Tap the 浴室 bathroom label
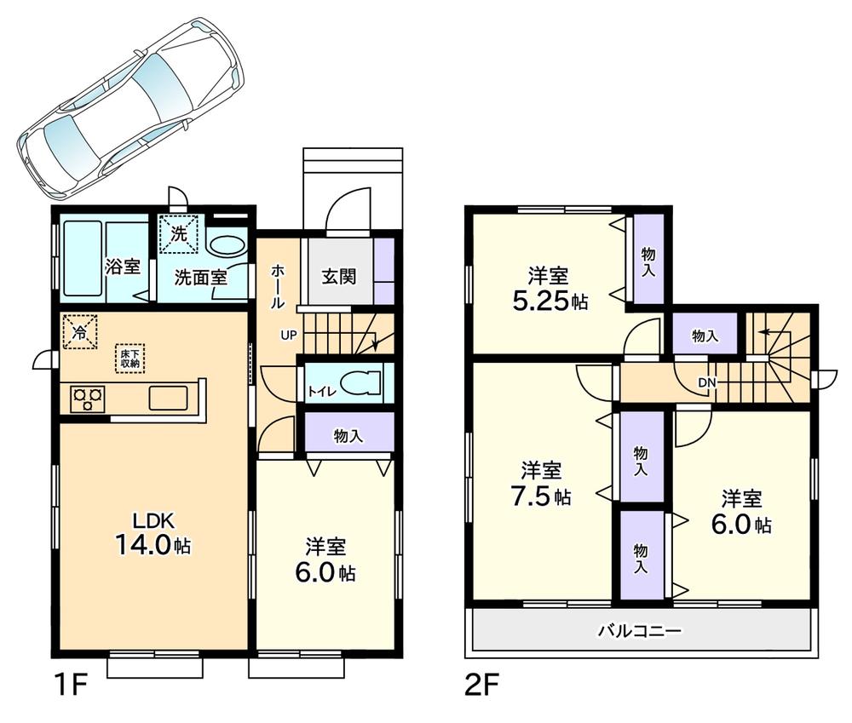pos(123,266)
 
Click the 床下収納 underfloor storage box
pos(130,358)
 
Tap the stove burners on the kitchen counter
pos(87,398)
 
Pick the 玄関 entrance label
pos(338,277)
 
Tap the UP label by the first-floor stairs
pos(288,335)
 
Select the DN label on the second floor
pos(707,382)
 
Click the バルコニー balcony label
pos(638,631)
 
